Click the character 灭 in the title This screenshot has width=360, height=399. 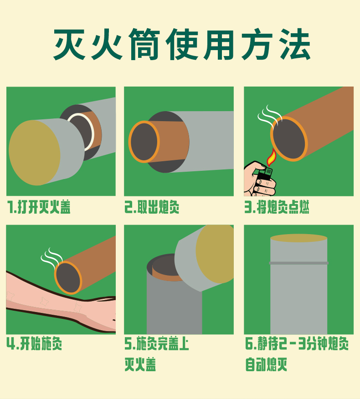click(70, 44)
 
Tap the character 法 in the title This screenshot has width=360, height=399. click(294, 44)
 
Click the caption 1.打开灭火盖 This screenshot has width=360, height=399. click(39, 207)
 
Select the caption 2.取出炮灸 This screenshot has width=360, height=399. click(152, 207)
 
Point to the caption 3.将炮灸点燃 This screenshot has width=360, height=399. click(277, 207)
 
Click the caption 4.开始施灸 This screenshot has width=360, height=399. click(34, 343)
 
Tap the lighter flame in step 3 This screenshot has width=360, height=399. click(272, 157)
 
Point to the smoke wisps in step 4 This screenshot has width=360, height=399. click(51, 257)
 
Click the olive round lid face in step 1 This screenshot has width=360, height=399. click(34, 153)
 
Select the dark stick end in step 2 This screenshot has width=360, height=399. click(144, 142)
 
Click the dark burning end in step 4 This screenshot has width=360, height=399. click(68, 278)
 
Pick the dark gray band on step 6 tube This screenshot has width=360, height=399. click(298, 263)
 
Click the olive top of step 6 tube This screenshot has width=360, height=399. click(298, 238)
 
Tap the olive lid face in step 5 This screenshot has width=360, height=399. click(215, 254)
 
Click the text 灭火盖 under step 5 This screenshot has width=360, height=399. click(140, 364)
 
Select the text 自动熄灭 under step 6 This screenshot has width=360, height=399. click(266, 364)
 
